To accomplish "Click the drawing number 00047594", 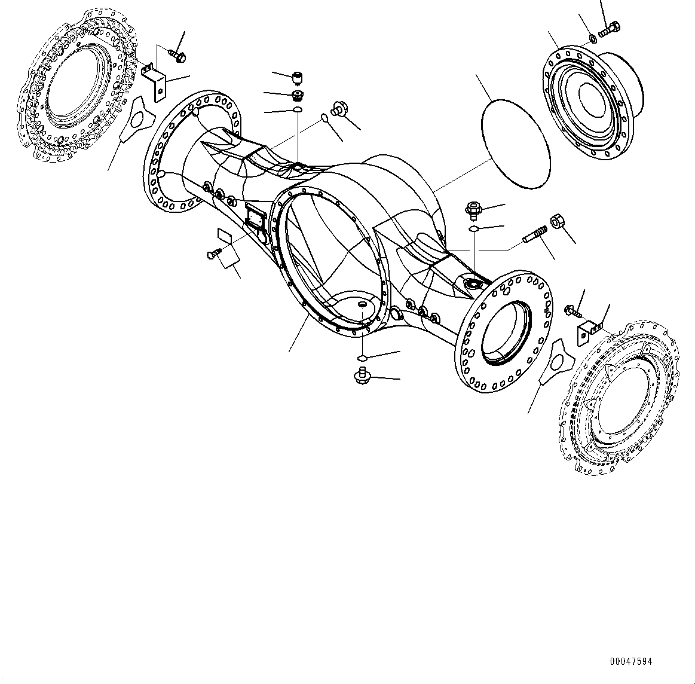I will coord(630,662).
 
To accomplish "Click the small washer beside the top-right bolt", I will coord(592,38).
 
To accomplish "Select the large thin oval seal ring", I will coord(515,141).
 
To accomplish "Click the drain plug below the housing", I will coord(362,377).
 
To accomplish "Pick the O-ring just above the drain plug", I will coord(362,358).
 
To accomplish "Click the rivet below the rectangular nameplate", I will coord(213,254).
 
